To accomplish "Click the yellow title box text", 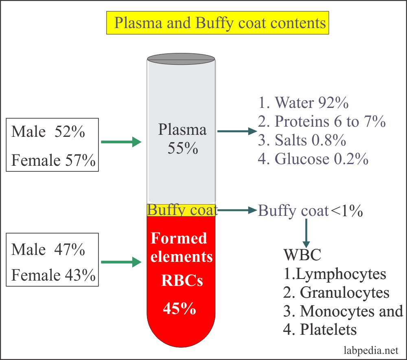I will [x=220, y=23].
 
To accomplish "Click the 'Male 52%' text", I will [x=48, y=132].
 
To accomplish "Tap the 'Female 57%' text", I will [x=53, y=161].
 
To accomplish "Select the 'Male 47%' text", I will [x=48, y=249].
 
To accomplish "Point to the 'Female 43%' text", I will [x=53, y=276].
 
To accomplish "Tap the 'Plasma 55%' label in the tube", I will [x=182, y=138].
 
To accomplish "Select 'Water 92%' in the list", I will [x=303, y=103].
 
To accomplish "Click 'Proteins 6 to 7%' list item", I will [x=322, y=121].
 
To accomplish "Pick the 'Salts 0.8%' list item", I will [x=302, y=140].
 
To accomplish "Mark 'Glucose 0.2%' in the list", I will [x=313, y=159].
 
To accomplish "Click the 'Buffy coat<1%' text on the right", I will [x=310, y=211].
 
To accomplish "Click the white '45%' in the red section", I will [x=180, y=309].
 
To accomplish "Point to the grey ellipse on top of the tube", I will [x=181, y=59].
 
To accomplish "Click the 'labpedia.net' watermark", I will [x=370, y=350].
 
